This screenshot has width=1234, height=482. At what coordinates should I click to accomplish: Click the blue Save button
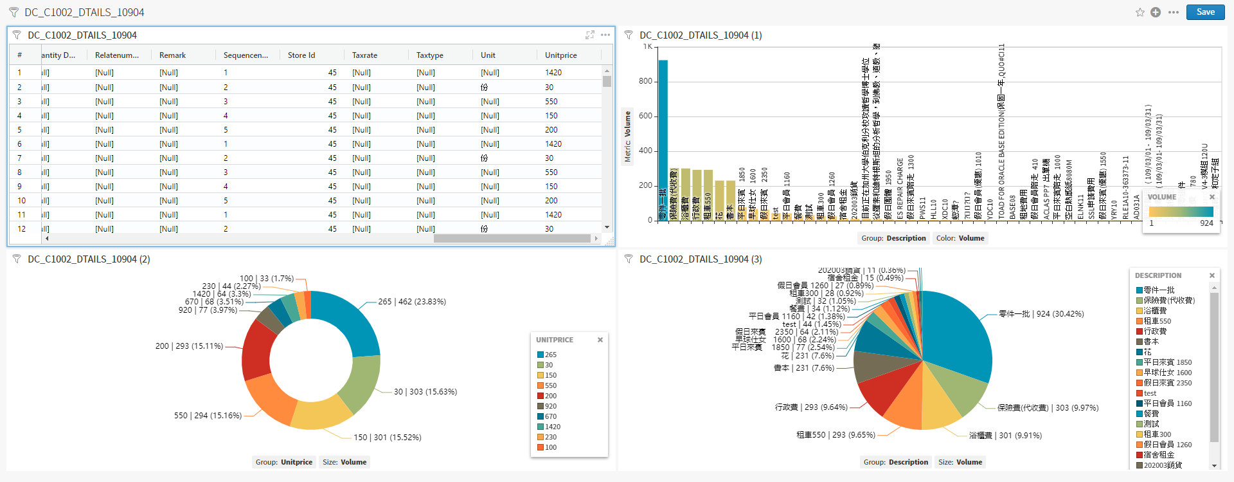click(1205, 12)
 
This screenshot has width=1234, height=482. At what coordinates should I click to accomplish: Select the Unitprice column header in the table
click(560, 55)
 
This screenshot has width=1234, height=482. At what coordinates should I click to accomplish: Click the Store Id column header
click(301, 55)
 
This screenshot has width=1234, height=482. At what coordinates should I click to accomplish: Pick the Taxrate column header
click(364, 55)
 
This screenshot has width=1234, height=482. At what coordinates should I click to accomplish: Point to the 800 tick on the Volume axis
click(645, 82)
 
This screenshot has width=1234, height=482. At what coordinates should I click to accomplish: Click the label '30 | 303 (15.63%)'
click(425, 392)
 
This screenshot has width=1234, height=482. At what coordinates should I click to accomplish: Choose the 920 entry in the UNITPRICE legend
click(551, 406)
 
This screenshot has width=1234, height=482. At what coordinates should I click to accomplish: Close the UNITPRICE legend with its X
click(600, 340)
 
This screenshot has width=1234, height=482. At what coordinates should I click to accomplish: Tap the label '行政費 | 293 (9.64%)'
click(811, 407)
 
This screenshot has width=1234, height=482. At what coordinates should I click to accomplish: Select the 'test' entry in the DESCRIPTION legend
click(1150, 393)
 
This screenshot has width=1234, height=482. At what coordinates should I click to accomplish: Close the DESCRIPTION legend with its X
click(1212, 275)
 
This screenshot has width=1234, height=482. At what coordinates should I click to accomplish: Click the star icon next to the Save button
click(1140, 12)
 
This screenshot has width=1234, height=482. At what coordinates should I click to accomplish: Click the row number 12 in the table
click(22, 229)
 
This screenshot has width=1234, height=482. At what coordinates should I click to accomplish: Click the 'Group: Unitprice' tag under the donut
click(284, 462)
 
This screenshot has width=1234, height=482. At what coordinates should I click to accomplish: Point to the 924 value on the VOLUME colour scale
click(1206, 223)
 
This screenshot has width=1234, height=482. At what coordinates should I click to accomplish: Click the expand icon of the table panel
click(590, 35)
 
